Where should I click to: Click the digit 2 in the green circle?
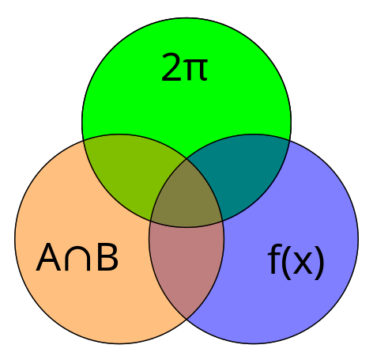click(171, 67)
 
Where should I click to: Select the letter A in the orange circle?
click(49, 257)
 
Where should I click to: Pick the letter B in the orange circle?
click(107, 257)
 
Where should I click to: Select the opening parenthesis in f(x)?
click(286, 263)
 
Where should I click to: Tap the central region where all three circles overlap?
click(186, 198)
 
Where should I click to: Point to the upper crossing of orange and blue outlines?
click(186, 158)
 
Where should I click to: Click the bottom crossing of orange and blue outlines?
click(186, 319)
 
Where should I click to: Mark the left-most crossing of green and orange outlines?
click(84, 141)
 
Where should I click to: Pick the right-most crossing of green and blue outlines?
click(289, 141)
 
